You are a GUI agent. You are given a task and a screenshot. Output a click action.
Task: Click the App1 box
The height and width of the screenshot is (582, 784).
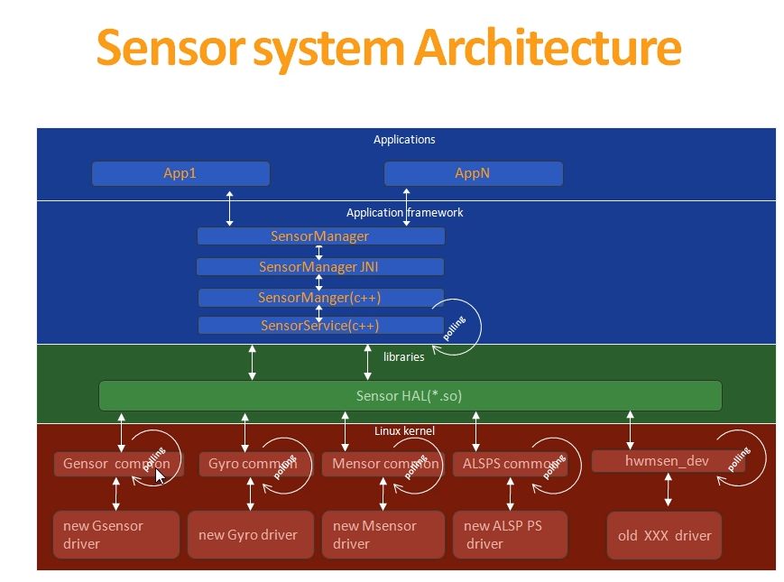point(180,173)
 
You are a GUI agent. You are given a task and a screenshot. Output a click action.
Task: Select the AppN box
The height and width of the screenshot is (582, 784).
point(473,173)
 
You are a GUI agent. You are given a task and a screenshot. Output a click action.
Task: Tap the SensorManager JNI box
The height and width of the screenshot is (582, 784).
point(319,267)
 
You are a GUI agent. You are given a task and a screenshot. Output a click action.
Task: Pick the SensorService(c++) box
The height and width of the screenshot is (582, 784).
point(319,325)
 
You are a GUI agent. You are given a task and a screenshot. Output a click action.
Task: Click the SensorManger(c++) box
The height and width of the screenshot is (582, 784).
point(319,298)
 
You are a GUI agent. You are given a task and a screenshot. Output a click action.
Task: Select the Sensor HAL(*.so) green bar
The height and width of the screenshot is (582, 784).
point(410,395)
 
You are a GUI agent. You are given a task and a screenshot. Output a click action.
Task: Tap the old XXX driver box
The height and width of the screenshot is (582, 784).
point(664,535)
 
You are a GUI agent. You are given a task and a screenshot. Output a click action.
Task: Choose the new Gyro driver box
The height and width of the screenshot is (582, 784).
point(249,535)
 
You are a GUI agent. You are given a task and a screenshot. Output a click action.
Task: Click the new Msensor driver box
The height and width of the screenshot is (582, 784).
point(383,535)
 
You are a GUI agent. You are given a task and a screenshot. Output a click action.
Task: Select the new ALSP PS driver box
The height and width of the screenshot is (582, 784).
point(510,535)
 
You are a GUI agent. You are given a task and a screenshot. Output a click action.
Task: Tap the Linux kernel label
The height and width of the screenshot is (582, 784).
point(404,431)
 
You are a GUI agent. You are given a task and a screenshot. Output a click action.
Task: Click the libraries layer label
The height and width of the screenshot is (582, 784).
point(403,356)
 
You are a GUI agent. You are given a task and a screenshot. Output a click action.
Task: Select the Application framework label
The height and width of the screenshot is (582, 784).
point(404,213)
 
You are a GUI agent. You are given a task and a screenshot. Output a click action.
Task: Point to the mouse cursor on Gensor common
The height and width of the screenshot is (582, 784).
point(161,475)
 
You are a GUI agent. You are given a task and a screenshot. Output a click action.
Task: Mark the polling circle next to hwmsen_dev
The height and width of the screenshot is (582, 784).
point(741,460)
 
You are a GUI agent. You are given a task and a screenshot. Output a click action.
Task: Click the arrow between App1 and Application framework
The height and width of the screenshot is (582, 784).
point(230,208)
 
